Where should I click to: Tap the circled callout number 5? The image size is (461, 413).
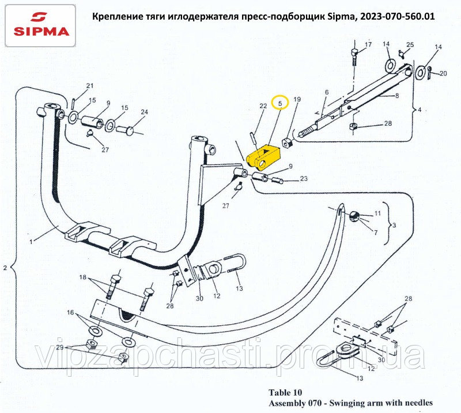(280, 103)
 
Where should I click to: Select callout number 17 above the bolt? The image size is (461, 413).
(368, 44)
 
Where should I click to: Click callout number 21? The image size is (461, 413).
(89, 86)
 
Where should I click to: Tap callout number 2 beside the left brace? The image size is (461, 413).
(5, 268)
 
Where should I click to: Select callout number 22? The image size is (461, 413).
(263, 106)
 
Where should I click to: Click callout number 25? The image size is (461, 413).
(410, 45)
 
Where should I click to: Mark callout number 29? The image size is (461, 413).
(60, 347)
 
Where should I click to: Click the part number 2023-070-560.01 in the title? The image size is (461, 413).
(394, 17)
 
